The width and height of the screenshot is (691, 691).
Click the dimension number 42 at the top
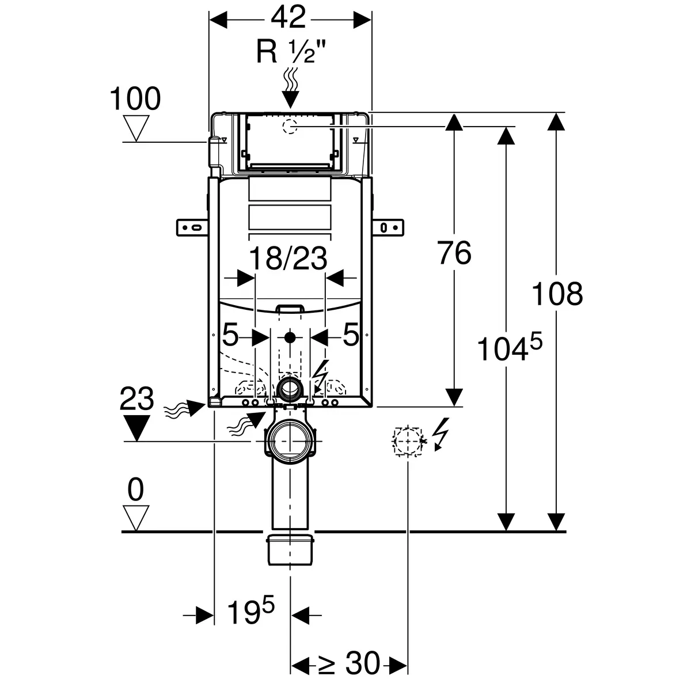[288, 19]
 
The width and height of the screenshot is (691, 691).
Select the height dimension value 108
[557, 294]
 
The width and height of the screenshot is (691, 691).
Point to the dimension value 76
[454, 253]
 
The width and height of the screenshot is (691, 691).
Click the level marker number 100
[135, 99]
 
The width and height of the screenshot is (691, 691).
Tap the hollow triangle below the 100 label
[136, 128]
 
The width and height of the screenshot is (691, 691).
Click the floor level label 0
[135, 491]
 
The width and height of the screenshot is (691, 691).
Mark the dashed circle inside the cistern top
[290, 126]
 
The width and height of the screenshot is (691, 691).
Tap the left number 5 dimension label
[230, 335]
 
